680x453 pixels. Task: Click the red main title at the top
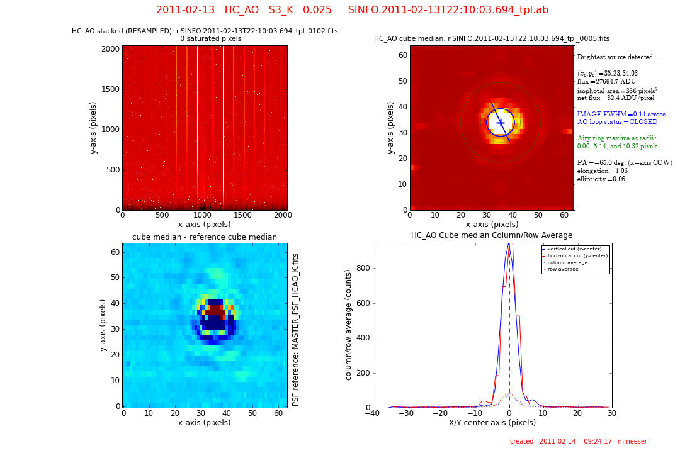(x=352, y=10)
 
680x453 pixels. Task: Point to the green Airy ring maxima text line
(x=616, y=138)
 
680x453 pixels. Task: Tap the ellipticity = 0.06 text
(x=601, y=179)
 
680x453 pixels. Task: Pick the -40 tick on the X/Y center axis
(x=373, y=413)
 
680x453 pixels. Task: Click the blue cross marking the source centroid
(x=501, y=123)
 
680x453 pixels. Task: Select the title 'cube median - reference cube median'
(x=205, y=237)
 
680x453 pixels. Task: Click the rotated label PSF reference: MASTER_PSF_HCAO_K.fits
(x=296, y=329)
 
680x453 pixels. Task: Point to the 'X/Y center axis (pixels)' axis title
(x=492, y=423)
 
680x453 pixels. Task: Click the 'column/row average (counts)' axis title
(x=348, y=325)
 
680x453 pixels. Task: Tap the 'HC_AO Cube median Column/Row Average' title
(x=492, y=235)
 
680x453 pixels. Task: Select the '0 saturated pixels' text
(x=210, y=39)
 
